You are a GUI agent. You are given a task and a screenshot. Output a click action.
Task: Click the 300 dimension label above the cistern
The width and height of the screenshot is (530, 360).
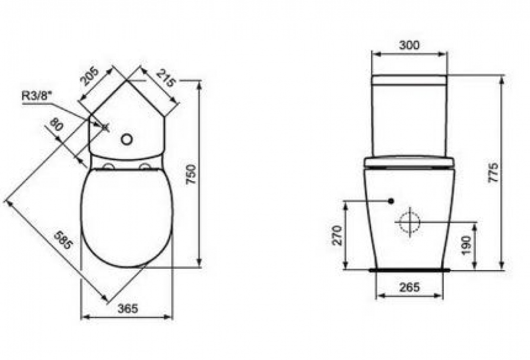point(409,44)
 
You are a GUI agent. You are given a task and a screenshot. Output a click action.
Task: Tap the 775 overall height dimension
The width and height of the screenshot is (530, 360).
point(493,172)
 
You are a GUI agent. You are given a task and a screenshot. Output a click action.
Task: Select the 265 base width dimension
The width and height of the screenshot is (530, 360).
point(409,287)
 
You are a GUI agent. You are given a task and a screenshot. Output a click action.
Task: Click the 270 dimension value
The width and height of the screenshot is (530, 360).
point(337,235)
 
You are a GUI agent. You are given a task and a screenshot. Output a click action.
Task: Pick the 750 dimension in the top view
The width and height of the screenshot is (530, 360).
point(191,174)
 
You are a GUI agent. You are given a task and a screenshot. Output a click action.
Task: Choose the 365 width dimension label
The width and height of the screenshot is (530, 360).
point(128,308)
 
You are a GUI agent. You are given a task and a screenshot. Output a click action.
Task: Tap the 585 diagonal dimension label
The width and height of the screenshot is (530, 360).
point(63,240)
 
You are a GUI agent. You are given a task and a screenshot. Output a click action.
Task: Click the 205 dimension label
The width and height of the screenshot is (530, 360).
point(89,76)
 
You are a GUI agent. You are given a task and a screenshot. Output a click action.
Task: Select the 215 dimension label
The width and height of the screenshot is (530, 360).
point(166,78)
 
